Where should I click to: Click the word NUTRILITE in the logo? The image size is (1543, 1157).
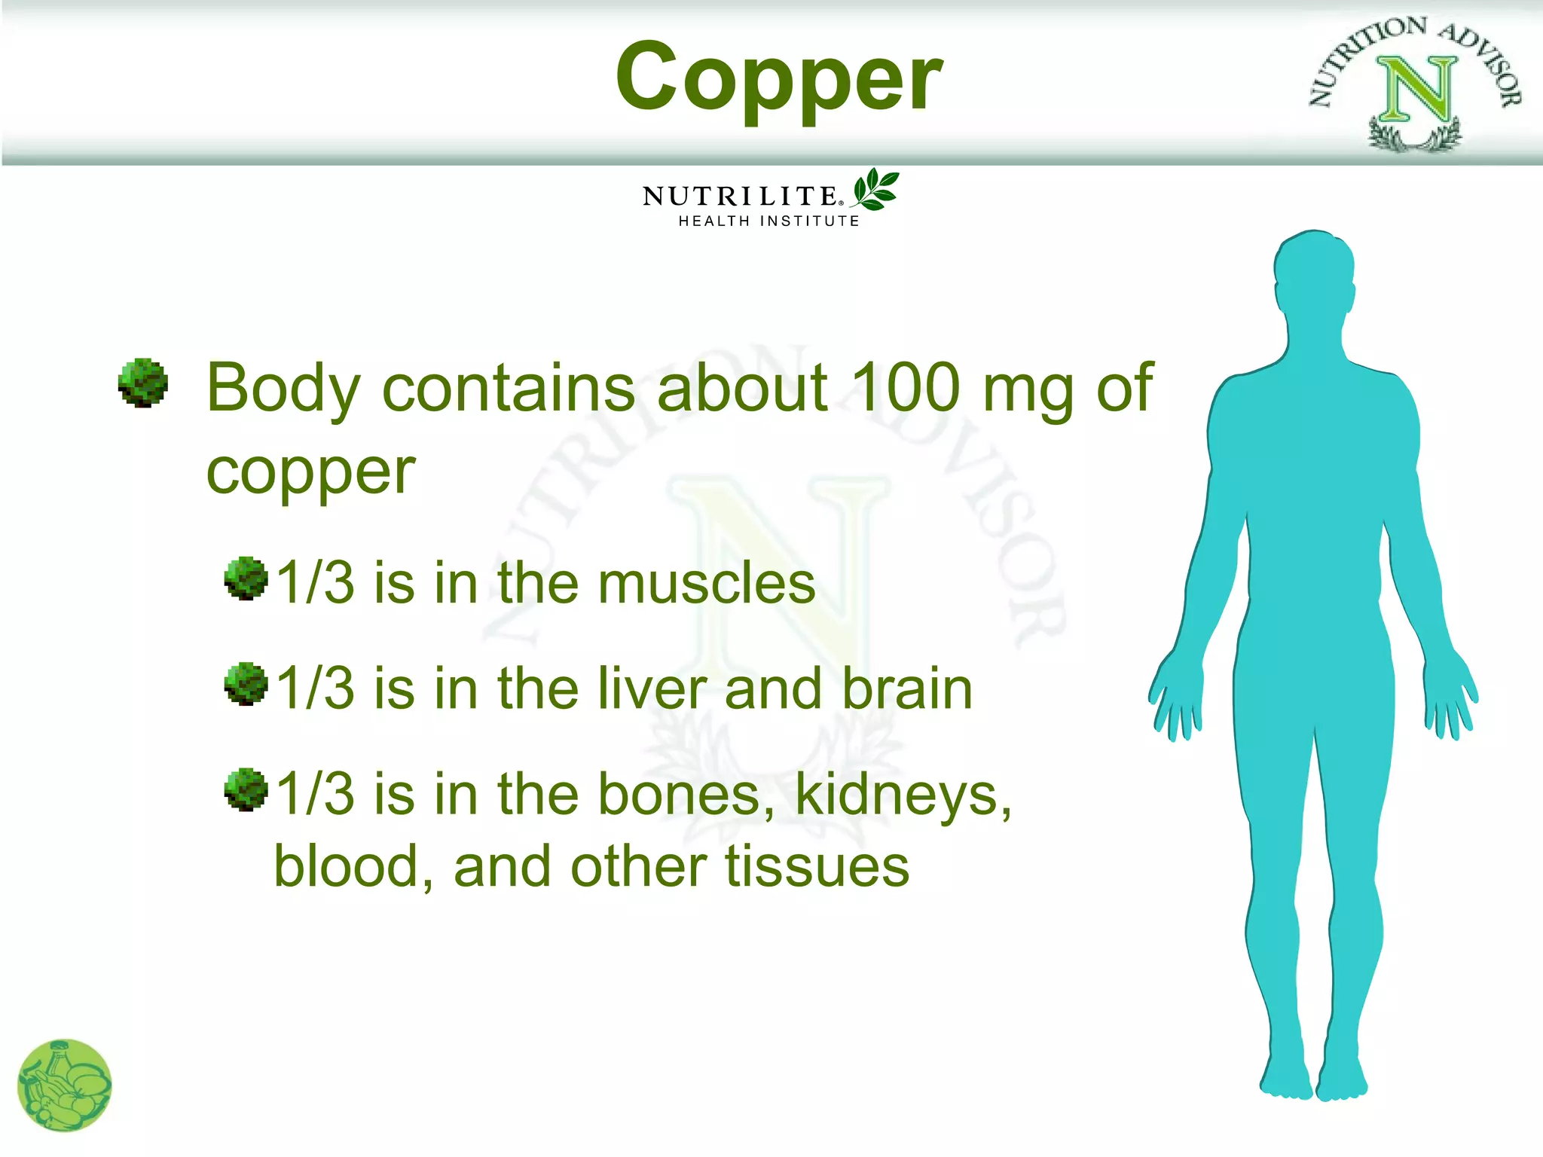[x=739, y=196]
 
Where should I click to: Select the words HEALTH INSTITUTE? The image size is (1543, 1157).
[x=768, y=221]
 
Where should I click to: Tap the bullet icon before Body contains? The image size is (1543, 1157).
[x=142, y=383]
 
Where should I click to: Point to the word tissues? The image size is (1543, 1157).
[x=817, y=866]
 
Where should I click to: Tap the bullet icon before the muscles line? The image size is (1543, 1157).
[x=246, y=578]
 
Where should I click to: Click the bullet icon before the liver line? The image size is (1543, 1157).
[x=246, y=684]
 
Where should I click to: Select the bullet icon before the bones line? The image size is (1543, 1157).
[x=246, y=789]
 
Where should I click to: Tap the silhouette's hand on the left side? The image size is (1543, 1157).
[x=1175, y=697]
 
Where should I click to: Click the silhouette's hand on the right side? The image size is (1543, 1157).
[x=1450, y=697]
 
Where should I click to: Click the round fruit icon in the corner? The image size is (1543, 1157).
[x=64, y=1085]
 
